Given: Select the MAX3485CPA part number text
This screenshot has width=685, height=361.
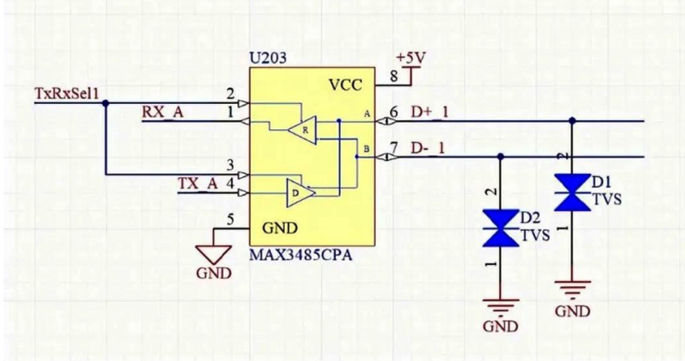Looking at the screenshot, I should pos(300,256).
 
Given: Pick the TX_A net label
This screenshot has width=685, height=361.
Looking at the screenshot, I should pos(198,183).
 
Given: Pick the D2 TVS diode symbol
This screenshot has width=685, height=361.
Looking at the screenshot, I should pos(501,227).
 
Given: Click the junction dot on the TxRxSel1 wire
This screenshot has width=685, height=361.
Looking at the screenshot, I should pos(107,103).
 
